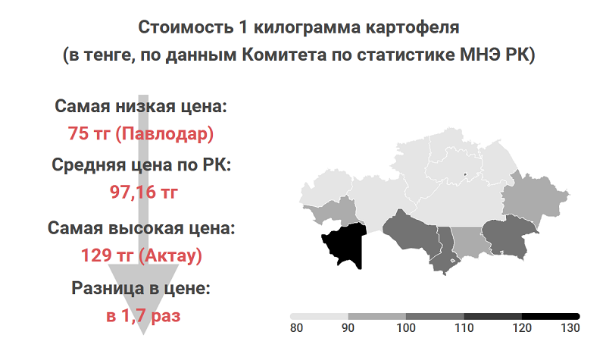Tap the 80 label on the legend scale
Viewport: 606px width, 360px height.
click(x=296, y=328)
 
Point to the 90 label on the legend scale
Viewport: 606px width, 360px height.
click(x=348, y=328)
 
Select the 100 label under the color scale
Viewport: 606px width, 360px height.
click(x=406, y=328)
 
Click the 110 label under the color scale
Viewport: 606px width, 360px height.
click(x=464, y=328)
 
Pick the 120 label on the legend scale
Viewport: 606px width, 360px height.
click(x=522, y=328)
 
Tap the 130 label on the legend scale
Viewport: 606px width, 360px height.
click(x=570, y=328)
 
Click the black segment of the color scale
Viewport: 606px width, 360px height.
click(x=551, y=316)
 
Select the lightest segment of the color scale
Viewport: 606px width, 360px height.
click(x=319, y=316)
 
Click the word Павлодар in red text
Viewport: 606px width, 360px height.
click(x=164, y=134)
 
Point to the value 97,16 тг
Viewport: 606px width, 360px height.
click(x=144, y=192)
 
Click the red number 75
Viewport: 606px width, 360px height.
click(x=78, y=133)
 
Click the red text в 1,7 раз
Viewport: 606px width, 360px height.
click(x=143, y=316)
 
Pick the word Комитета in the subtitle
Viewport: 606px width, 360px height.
click(x=285, y=55)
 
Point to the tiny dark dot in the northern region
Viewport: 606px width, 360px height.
click(x=465, y=174)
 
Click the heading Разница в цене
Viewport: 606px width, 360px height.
click(x=141, y=289)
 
